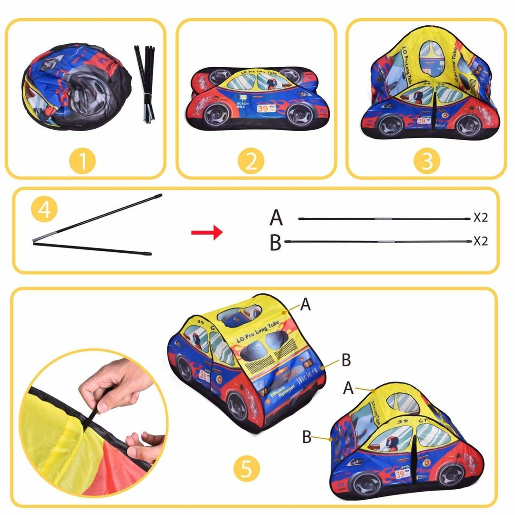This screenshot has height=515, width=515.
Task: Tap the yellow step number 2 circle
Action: click(251, 161)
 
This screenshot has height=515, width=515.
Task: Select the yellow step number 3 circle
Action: click(427, 161)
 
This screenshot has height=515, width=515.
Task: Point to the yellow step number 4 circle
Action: click(44, 210)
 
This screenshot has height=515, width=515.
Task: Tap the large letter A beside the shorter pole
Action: click(276, 218)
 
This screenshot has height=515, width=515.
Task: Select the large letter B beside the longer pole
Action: click(276, 242)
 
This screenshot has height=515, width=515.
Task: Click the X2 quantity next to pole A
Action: click(481, 218)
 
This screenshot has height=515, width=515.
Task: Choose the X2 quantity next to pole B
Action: click(481, 241)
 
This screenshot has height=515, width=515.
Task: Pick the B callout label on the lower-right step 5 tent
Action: click(307, 437)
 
